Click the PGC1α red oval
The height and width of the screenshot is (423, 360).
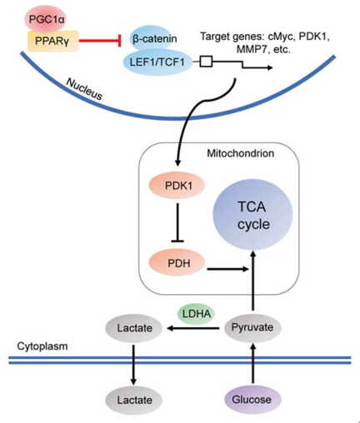point(47,19)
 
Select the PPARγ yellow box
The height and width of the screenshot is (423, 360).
point(52,41)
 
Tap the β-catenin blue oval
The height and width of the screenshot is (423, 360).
point(152,38)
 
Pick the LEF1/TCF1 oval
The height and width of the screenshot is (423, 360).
point(157,62)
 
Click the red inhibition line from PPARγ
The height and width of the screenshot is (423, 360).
point(100,41)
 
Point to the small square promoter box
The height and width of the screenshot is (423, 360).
point(207,62)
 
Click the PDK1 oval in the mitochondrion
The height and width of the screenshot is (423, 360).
point(177,186)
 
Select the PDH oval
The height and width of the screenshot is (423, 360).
point(177,262)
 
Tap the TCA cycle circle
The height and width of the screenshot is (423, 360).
point(252,215)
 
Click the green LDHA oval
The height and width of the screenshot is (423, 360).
point(197,314)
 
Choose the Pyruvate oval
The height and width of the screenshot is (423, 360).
point(252,327)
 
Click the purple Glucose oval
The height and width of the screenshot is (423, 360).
point(252,400)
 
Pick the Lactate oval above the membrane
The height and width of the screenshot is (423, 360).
point(134,328)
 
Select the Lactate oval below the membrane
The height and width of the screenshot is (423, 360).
point(134,400)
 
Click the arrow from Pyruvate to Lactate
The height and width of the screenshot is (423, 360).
point(193,328)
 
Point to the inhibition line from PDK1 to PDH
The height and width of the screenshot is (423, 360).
point(177,222)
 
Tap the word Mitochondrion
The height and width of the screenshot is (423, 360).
point(241,153)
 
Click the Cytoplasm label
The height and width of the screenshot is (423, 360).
point(42,346)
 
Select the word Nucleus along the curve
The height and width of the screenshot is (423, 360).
point(84,88)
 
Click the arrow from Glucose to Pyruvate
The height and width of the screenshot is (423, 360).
point(252,363)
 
